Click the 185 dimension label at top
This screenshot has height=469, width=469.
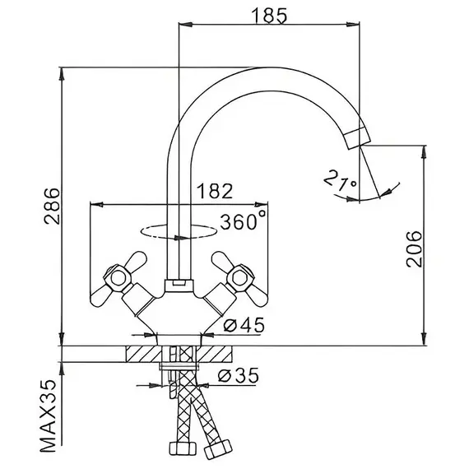268,16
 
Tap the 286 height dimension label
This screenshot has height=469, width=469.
53,206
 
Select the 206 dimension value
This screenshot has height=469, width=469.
414,248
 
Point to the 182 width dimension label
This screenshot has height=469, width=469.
215,191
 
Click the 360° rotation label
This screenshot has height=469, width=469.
244,221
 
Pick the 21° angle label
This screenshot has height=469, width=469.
341,180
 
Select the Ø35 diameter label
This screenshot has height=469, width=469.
238,375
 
